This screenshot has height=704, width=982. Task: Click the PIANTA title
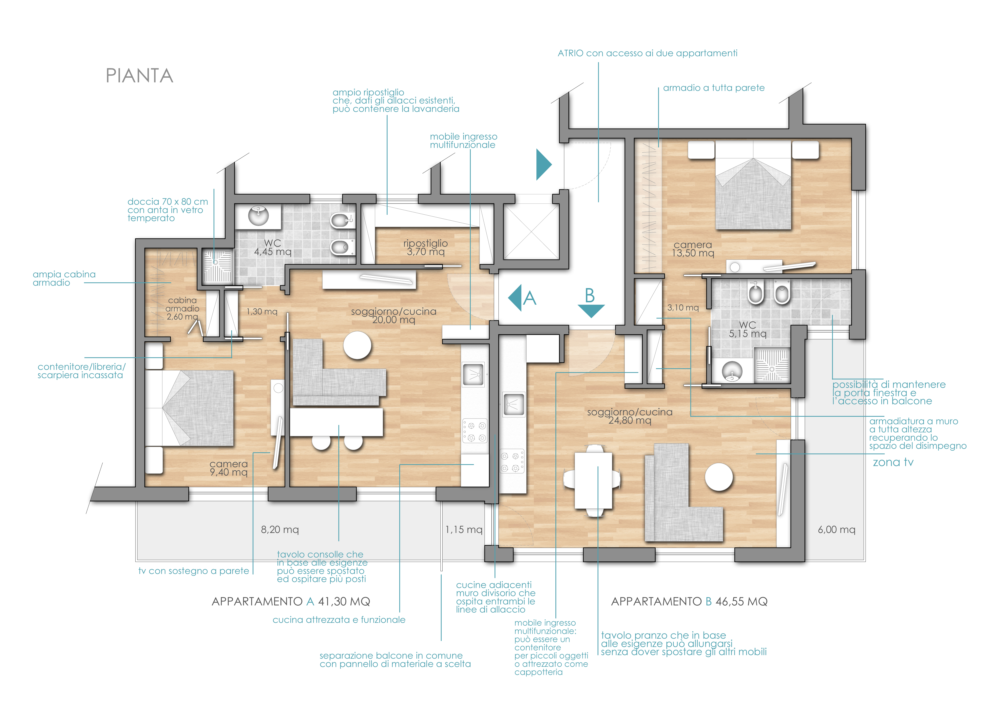click(x=139, y=76)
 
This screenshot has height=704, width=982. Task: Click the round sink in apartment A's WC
click(x=259, y=215)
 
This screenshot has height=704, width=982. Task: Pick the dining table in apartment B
click(x=593, y=481)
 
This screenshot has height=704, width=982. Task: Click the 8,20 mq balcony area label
click(x=280, y=530)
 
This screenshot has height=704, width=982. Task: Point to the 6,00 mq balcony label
click(x=837, y=530)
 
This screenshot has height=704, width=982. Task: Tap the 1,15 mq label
click(x=464, y=530)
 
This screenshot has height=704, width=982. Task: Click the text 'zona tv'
click(x=893, y=462)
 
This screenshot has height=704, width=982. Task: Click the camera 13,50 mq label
click(x=693, y=249)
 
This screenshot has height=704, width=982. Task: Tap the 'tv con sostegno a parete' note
click(x=194, y=571)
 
